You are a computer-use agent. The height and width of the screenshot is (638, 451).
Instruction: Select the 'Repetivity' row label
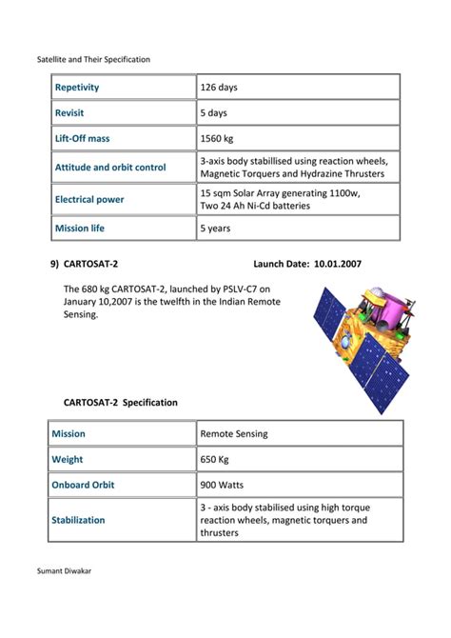click(x=77, y=88)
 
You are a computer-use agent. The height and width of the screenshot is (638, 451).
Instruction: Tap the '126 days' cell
click(x=219, y=88)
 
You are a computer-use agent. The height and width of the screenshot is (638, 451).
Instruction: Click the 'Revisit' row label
click(x=69, y=113)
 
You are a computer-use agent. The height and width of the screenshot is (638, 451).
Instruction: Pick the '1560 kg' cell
click(x=217, y=139)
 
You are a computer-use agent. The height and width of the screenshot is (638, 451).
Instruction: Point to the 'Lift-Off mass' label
click(x=82, y=139)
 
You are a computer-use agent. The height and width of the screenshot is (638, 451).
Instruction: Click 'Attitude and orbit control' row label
click(x=110, y=168)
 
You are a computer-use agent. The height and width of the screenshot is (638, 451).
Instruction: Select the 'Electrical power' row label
click(x=89, y=200)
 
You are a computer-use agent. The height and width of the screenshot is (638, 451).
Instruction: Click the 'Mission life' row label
click(x=80, y=229)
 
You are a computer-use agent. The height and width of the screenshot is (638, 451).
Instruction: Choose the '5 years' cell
click(x=217, y=229)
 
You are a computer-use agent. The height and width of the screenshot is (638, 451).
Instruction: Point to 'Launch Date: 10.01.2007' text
click(x=307, y=263)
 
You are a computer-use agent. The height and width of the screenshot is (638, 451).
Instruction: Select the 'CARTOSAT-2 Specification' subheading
click(x=121, y=403)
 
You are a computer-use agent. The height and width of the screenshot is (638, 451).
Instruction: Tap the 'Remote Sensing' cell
click(x=234, y=434)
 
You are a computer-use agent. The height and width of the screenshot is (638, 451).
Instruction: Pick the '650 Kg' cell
click(x=215, y=460)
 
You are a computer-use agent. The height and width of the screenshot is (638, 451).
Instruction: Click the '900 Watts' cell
click(x=222, y=485)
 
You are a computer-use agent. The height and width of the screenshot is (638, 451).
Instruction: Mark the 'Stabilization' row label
click(x=80, y=521)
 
